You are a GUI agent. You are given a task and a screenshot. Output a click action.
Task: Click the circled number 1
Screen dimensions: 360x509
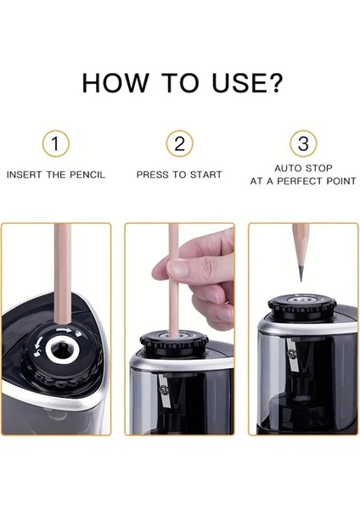click(55, 143)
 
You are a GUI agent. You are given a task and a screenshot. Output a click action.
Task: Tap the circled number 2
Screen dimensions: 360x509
click(179, 143)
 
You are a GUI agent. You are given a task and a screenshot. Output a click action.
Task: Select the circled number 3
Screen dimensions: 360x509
click(303, 143)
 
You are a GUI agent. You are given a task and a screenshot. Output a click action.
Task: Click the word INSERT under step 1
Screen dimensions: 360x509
click(25, 175)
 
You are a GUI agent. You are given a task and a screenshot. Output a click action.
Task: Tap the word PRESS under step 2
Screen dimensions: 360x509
click(152, 175)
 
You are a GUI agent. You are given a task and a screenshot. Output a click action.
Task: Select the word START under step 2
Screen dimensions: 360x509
click(205, 175)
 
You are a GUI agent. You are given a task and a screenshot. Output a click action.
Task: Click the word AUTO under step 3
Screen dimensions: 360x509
click(288, 168)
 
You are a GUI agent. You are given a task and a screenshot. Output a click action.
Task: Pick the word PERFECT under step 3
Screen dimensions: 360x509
click(301, 181)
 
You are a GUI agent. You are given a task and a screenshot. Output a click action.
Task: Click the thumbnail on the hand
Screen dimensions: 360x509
click(177, 268)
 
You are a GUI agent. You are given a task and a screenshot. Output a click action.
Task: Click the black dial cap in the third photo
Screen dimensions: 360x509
click(303, 307)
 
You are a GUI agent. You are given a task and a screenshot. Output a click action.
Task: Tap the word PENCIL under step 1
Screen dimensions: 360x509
click(87, 175)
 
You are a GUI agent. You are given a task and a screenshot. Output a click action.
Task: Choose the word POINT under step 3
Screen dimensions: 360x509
click(341, 181)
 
